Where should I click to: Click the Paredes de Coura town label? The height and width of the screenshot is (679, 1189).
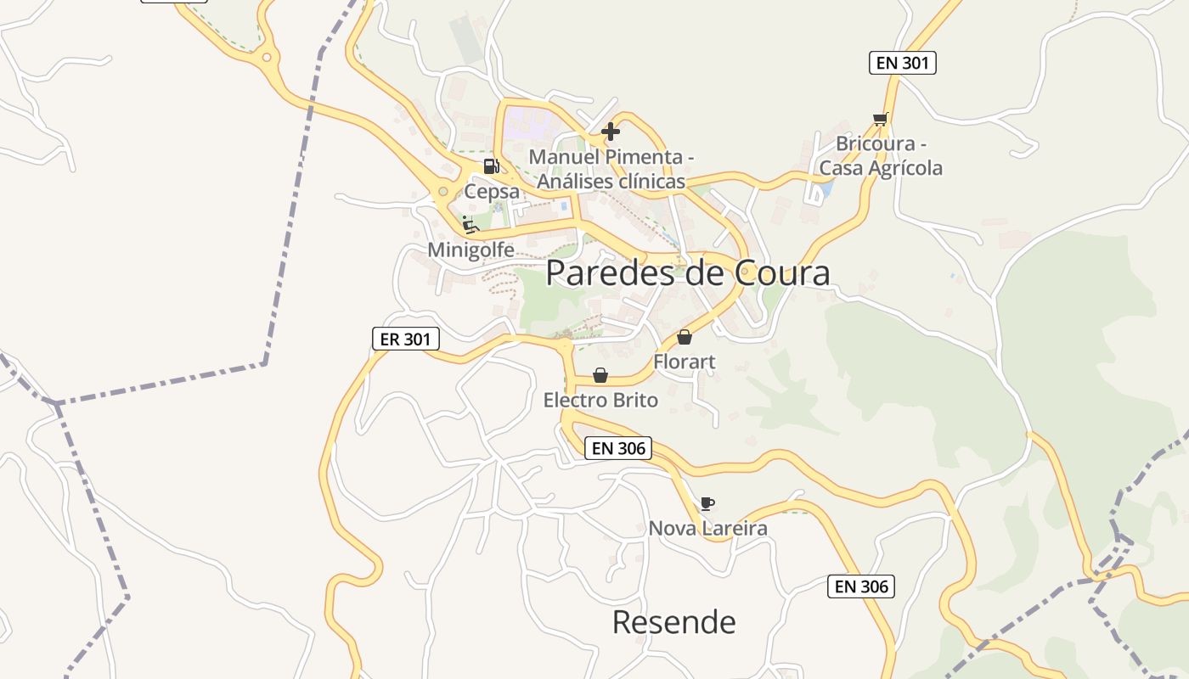(687, 273)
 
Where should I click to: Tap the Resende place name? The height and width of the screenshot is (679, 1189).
(673, 622)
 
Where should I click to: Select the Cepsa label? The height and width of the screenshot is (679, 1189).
(492, 192)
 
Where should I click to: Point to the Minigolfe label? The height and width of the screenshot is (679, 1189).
(471, 250)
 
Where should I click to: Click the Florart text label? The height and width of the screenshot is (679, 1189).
(684, 362)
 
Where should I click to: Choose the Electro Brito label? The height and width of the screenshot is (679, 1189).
(600, 400)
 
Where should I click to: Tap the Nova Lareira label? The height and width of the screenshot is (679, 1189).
(707, 528)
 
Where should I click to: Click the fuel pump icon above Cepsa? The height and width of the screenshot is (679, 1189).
(491, 166)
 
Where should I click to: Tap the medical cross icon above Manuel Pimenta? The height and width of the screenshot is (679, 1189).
(611, 132)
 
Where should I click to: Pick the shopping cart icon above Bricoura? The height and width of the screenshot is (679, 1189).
(880, 119)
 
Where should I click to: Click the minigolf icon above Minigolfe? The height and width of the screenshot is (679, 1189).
(470, 225)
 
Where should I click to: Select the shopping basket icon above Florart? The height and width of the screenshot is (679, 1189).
(685, 337)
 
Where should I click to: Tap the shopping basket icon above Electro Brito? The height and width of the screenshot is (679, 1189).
(600, 375)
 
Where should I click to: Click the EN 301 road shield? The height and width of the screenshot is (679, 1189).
(902, 62)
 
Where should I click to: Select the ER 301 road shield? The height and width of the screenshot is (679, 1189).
(406, 339)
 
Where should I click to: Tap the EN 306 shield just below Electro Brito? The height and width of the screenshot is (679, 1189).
(618, 448)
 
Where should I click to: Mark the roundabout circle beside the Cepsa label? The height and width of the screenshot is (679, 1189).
(442, 192)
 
